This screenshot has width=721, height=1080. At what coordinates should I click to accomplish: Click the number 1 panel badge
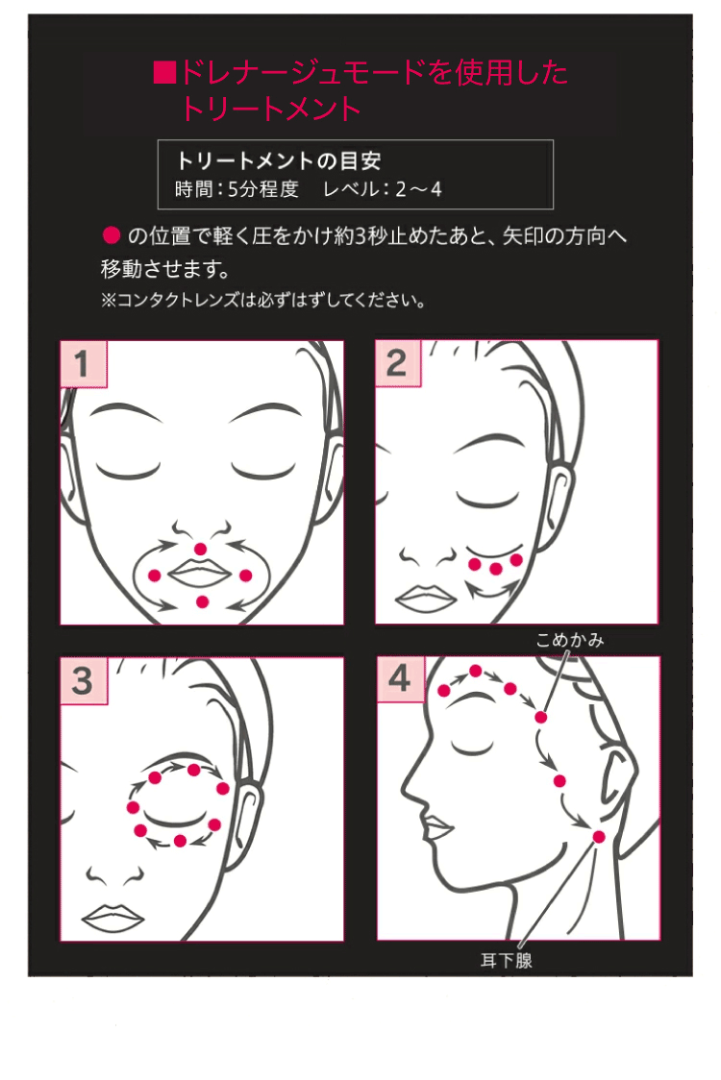(83, 364)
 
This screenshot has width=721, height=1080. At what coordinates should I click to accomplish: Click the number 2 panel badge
(397, 363)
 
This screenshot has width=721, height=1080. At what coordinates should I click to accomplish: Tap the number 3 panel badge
(83, 680)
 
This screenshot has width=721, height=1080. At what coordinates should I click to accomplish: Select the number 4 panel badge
(399, 679)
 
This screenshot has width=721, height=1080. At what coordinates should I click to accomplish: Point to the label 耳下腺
(506, 960)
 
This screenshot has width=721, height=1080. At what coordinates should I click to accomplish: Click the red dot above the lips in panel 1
(200, 548)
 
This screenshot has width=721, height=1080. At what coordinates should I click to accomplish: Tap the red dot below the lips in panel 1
(201, 601)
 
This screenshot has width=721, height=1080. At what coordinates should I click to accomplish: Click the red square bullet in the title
(163, 73)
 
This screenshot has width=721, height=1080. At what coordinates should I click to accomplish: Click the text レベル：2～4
(383, 188)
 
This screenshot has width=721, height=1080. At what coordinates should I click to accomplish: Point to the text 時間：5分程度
(237, 188)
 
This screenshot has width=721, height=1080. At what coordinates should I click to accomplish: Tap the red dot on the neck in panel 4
(599, 838)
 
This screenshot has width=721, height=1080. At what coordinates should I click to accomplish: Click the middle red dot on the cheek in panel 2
(496, 569)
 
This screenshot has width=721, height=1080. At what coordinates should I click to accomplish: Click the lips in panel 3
(112, 915)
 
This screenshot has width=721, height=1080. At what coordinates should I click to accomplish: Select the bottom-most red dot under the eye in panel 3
(180, 841)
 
